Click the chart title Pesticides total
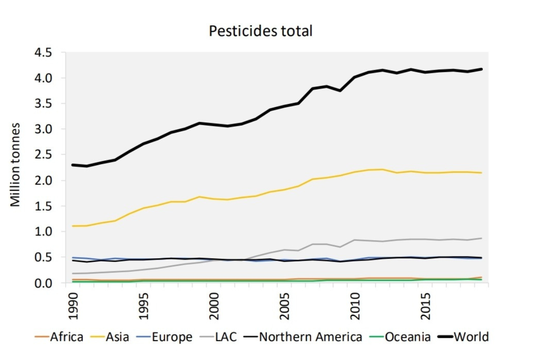tap(261, 31)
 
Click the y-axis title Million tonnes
tap(16, 164)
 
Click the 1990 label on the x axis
tap(72, 306)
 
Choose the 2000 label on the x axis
tap(214, 306)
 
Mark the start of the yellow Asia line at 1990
tap(73, 226)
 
